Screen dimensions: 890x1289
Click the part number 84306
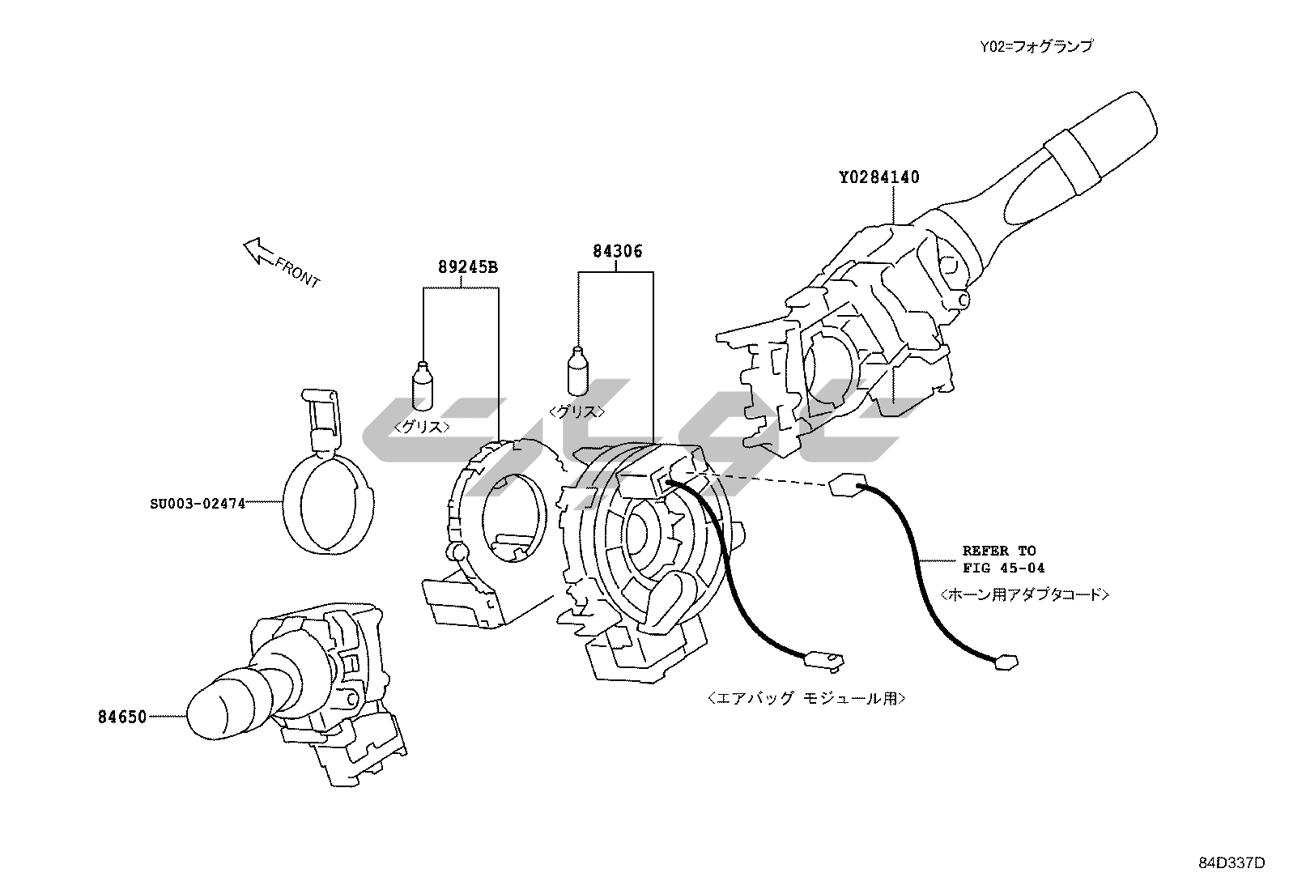pos(617,251)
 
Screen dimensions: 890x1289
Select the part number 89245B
pos(468,266)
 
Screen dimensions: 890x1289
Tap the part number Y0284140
pos(879,177)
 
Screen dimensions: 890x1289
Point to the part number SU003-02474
pos(198,503)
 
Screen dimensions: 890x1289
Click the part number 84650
pos(122,717)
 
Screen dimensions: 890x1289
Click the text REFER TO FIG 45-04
pos(998,559)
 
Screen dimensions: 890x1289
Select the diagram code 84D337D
pos(1231,862)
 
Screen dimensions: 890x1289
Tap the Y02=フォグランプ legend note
pos(1036,46)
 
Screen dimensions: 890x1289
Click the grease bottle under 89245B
pos(423,386)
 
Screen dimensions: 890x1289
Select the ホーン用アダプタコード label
pos(1024,594)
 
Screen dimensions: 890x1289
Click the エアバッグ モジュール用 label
pos(806,697)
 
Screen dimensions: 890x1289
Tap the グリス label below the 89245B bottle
pos(422,426)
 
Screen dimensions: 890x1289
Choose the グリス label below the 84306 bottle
pos(576,411)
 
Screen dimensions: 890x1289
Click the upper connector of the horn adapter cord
pos(846,486)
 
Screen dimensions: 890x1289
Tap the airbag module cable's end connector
pos(823,661)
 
